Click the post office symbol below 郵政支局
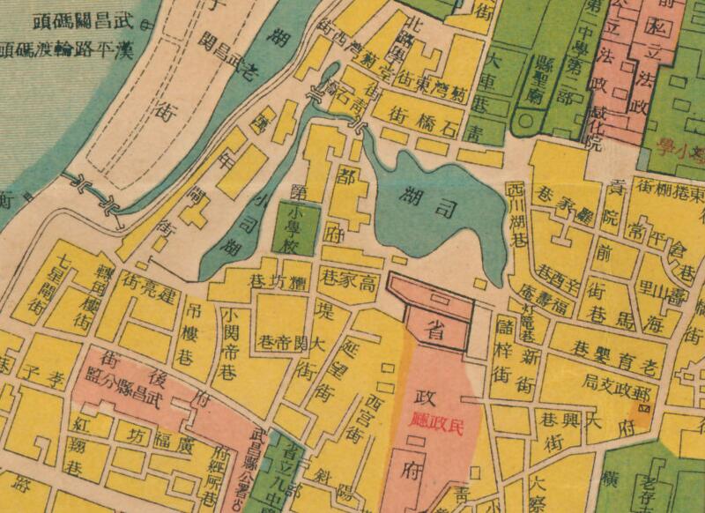(x=642, y=409)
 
